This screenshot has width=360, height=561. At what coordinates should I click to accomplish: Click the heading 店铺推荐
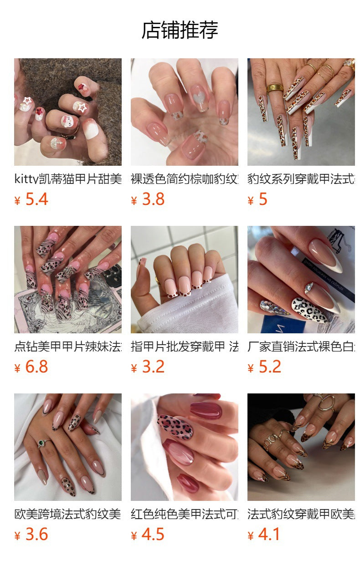pos(180,30)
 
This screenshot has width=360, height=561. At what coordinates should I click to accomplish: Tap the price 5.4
pos(36,199)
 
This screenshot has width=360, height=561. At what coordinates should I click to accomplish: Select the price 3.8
pos(153,199)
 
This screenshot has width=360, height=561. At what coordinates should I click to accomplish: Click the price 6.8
pos(36,367)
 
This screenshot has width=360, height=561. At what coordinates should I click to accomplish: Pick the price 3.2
pos(153,367)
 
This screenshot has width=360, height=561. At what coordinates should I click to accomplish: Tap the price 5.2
pos(270,367)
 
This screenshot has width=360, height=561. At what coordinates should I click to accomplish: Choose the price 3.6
pos(36,535)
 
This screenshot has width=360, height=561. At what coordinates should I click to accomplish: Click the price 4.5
pos(153,535)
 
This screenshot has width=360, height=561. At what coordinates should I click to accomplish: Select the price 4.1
pos(270,535)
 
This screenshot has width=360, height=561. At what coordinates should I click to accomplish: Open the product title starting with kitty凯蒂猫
pos(67,179)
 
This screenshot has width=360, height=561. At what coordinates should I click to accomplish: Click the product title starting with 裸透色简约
pos(184,179)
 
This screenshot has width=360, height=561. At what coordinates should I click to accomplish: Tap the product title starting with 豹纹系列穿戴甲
pos(301,179)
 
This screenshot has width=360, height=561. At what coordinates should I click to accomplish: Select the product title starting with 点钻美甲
pos(67,347)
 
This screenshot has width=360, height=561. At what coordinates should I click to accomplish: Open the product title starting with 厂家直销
pos(301,347)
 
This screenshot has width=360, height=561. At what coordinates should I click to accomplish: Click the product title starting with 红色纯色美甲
pos(184,514)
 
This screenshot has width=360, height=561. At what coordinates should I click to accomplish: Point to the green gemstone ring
pos(42,442)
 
